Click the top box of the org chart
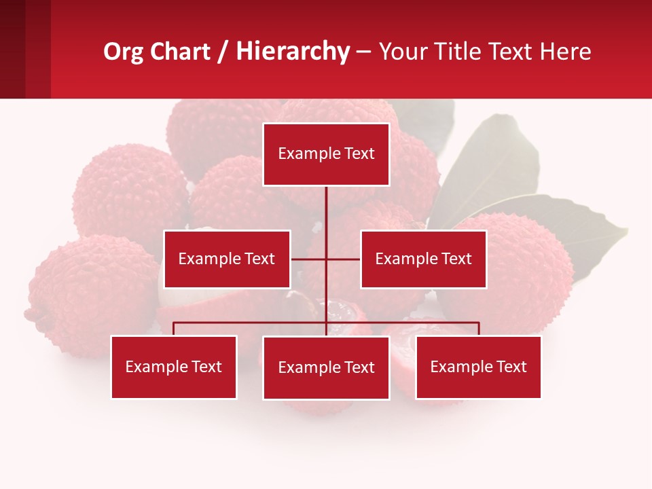point(326,154)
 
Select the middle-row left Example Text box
point(227,259)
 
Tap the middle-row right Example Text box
point(423,259)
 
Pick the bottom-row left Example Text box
point(174,367)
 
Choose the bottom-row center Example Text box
point(326,367)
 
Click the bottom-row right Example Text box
point(478,367)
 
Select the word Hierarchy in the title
point(293,52)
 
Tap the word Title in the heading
point(461,52)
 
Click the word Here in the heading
point(565,52)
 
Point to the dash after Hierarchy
point(363,52)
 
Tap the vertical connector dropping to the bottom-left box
point(174,329)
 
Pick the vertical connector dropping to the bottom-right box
point(478,329)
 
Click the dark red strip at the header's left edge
point(12,49)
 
